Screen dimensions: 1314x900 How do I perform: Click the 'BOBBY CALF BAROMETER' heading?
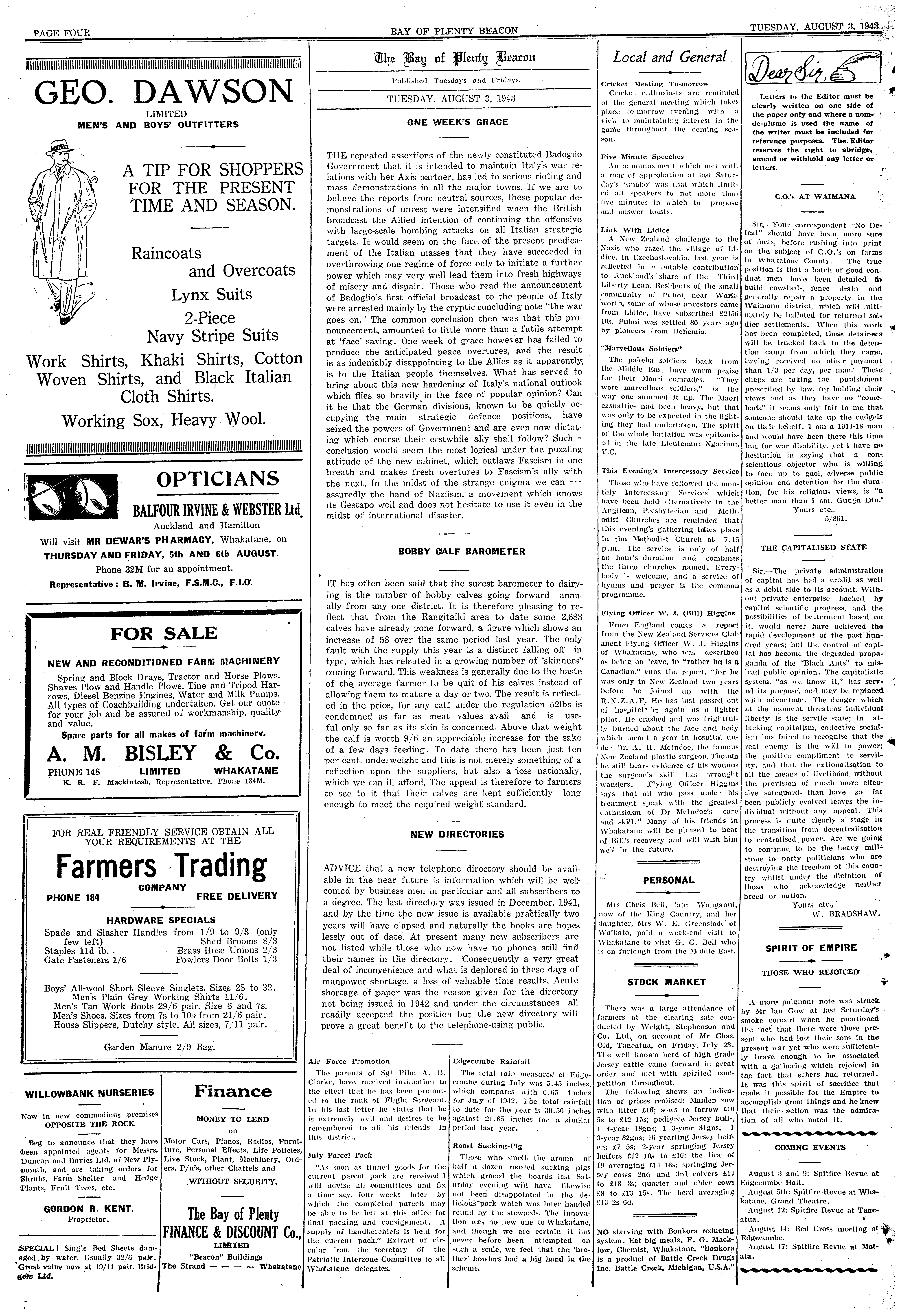[462, 551]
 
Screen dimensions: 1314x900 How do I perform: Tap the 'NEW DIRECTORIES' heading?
[457, 834]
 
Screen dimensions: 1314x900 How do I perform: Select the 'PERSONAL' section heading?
[668, 880]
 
